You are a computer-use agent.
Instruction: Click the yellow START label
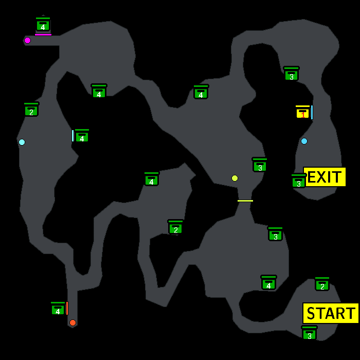[x=331, y=313]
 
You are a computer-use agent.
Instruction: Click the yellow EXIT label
[x=325, y=177]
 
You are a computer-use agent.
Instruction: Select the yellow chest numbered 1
[x=302, y=112]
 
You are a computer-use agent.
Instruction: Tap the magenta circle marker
[x=28, y=41]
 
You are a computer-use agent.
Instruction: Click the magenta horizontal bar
[x=43, y=35]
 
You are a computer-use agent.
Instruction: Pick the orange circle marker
[x=73, y=322]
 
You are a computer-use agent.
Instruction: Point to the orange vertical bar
[x=67, y=308]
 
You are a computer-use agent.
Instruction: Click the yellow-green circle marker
[x=235, y=178]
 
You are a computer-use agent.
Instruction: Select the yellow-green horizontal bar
[x=245, y=201]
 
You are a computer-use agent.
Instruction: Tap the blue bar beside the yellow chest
[x=312, y=112]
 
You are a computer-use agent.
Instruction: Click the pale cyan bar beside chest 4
[x=73, y=136]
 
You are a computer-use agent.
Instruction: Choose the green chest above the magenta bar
[x=43, y=24]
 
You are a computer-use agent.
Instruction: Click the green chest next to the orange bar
[x=58, y=309]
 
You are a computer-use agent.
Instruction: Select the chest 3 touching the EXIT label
[x=298, y=181]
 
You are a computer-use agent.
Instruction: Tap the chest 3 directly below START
[x=309, y=333]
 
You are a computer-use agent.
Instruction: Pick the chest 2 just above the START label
[x=322, y=284]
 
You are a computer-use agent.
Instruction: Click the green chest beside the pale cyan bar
[x=82, y=136]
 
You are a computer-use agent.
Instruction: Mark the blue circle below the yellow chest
[x=304, y=141]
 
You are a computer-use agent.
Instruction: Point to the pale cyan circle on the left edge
[x=22, y=142]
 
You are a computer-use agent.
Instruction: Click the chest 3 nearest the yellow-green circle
[x=260, y=165]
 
